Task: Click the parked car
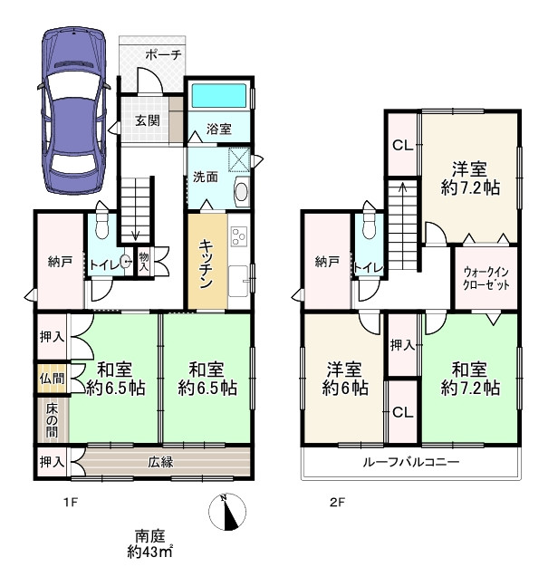pyautogui.click(x=73, y=110)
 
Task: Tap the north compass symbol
pyautogui.click(x=227, y=512)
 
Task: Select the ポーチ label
pyautogui.click(x=163, y=55)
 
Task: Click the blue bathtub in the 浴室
pyautogui.click(x=219, y=95)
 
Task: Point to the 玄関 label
pyautogui.click(x=148, y=120)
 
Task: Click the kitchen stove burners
pyautogui.click(x=239, y=236)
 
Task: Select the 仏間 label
pyautogui.click(x=53, y=379)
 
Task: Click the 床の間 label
pyautogui.click(x=53, y=420)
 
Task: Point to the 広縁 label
pyautogui.click(x=160, y=462)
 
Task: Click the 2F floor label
pyautogui.click(x=337, y=503)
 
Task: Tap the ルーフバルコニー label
pyautogui.click(x=411, y=462)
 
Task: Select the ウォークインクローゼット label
pyautogui.click(x=486, y=278)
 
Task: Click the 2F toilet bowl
pyautogui.click(x=369, y=226)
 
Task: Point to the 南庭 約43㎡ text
pyautogui.click(x=149, y=543)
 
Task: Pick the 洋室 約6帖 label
pyautogui.click(x=344, y=379)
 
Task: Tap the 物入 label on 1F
pyautogui.click(x=144, y=262)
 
